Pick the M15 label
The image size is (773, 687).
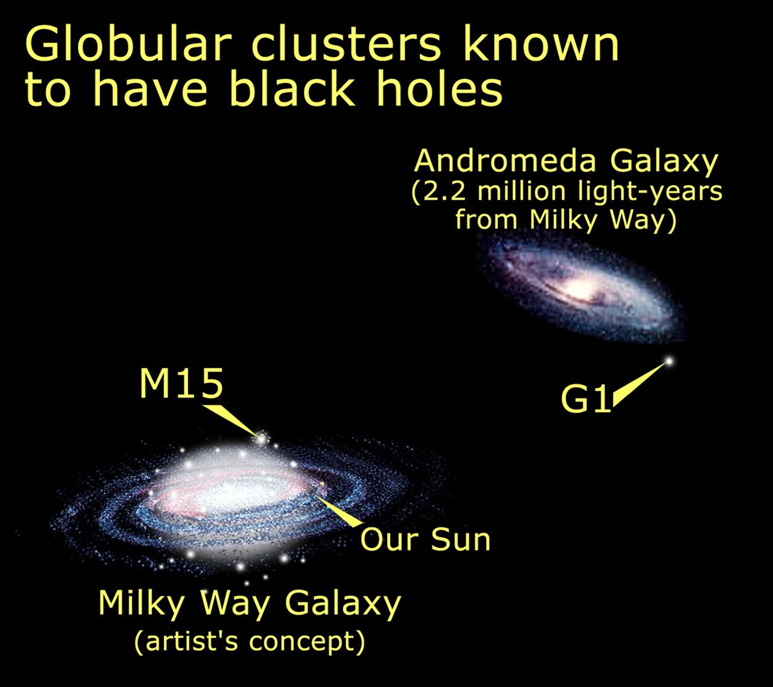point(181,384)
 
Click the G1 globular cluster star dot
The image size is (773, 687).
point(669,361)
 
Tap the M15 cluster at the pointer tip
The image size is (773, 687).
point(262,439)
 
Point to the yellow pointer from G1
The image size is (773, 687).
point(638,383)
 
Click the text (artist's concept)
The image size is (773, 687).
point(250,642)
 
